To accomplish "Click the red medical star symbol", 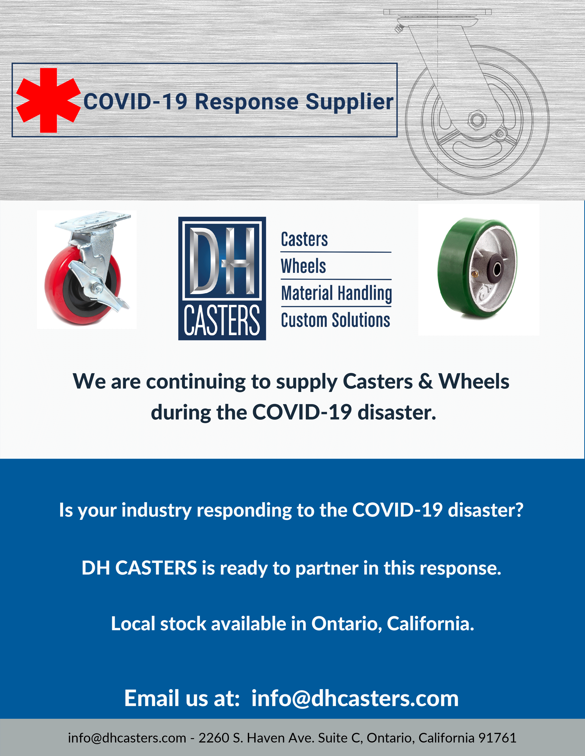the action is [x=48, y=100].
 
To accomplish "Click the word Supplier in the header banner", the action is [x=349, y=102].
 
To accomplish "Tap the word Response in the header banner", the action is [x=247, y=102].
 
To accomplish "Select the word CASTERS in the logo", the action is [x=222, y=320].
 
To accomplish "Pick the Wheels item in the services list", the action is [x=303, y=266].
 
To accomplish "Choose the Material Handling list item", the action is [x=337, y=293].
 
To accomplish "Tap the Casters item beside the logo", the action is [x=304, y=239].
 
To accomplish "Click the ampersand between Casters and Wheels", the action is [x=426, y=381].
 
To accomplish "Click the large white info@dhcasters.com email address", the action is [x=355, y=698].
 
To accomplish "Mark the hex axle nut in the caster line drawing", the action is [x=477, y=120].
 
